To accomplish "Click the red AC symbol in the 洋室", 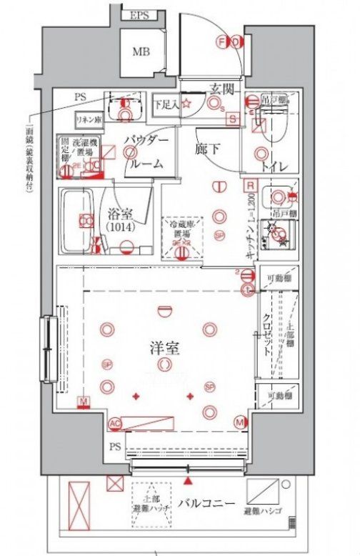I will point(114,424).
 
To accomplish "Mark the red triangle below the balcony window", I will point(189,483).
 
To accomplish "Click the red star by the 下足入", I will point(186,104).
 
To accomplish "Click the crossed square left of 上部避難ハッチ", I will point(115,484).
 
